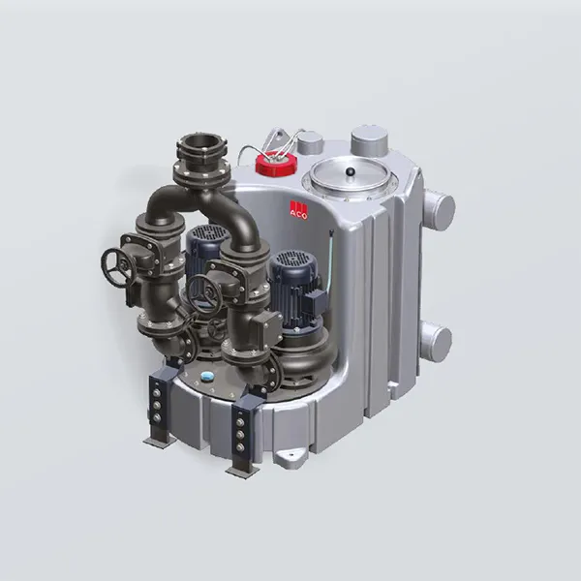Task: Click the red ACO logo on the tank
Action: tap(298, 210)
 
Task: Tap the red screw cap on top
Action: tap(276, 163)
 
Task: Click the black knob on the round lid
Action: tap(349, 171)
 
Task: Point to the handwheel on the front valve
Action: tap(204, 293)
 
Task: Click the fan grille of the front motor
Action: tap(292, 258)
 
